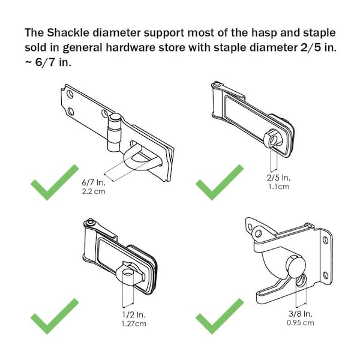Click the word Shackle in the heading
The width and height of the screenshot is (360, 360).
68,32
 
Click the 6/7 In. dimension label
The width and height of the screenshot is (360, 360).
94,183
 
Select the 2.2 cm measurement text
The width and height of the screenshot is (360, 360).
94,191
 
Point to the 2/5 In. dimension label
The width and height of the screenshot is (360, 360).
278,178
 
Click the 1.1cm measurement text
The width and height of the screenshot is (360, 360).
279,187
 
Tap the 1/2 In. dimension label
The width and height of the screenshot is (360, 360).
134,314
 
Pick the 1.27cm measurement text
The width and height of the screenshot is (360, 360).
134,324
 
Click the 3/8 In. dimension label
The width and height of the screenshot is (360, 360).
301,314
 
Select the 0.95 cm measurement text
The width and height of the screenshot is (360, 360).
301,323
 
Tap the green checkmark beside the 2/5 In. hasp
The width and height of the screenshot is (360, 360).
220,182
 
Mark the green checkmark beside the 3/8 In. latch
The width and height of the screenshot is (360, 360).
220,316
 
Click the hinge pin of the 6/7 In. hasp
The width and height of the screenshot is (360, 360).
114,133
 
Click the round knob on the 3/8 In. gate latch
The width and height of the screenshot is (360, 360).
297,266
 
